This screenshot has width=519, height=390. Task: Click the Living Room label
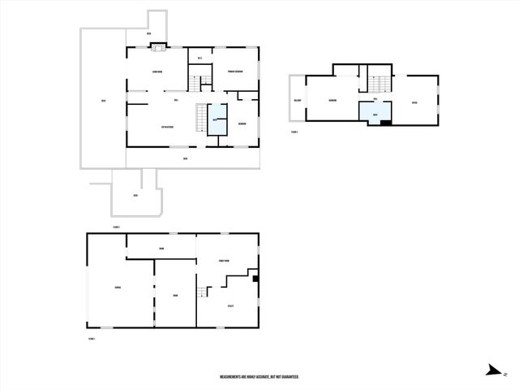coord(157,73)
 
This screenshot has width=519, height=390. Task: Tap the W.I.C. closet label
coord(199,58)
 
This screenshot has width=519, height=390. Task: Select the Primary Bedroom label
coord(236,71)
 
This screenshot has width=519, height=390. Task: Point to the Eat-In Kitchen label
coord(169,126)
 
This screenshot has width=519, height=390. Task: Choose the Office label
coord(414,102)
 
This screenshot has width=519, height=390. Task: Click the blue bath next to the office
coord(375,113)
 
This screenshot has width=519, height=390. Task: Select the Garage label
coord(118,288)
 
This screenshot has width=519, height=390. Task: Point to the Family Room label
coord(225,260)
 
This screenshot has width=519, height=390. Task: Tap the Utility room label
coord(230,305)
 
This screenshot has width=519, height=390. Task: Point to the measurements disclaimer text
coord(259,377)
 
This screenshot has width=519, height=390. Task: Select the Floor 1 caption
coord(92,338)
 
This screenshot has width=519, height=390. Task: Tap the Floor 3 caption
coord(294,132)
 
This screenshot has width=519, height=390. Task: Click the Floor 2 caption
coord(116,227)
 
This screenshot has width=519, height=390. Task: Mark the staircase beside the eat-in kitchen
coord(199,119)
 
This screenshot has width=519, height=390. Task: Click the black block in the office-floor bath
coord(385,122)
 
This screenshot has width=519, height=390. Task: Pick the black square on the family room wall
coord(255,279)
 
